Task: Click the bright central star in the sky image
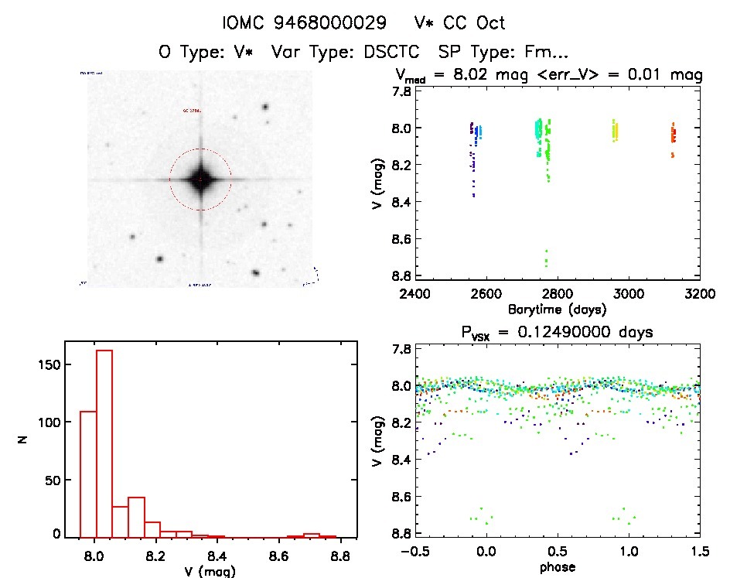click(x=200, y=180)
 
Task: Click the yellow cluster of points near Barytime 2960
click(x=615, y=130)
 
